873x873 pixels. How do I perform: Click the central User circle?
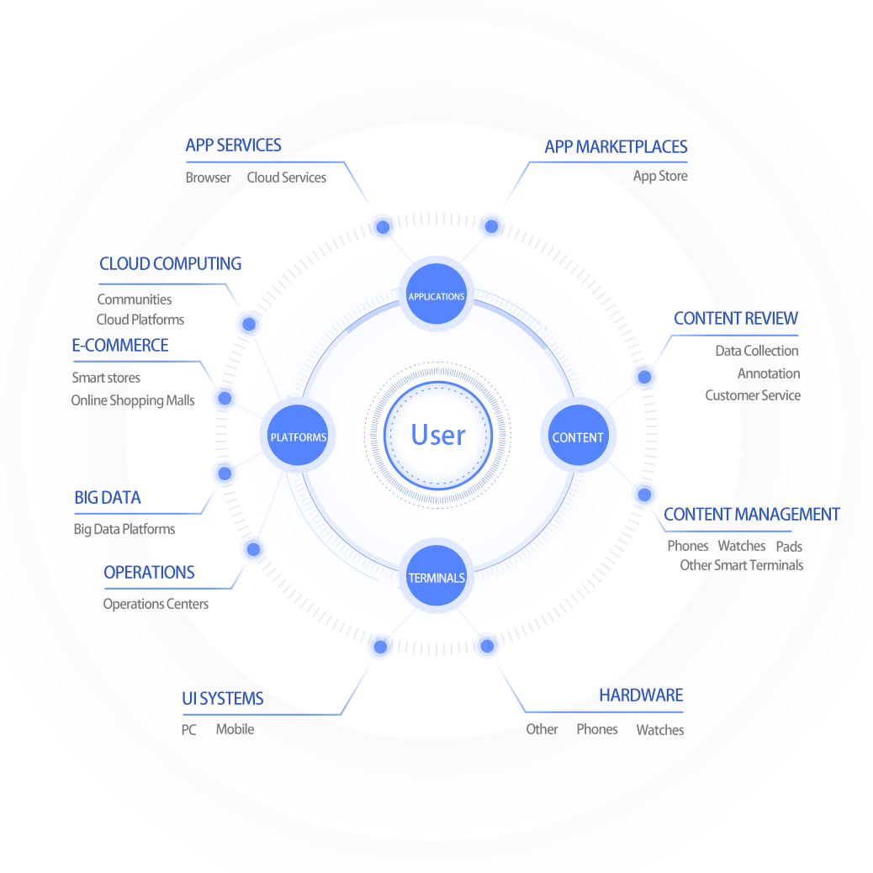[x=437, y=435]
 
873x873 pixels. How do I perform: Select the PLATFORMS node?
[x=298, y=436]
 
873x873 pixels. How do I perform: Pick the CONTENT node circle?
[x=578, y=436]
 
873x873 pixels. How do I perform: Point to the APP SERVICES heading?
[x=233, y=145]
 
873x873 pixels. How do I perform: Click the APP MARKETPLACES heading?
[x=616, y=146]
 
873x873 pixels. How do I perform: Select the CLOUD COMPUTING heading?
[x=170, y=264]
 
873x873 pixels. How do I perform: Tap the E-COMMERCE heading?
[x=120, y=346]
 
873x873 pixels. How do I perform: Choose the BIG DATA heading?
[x=108, y=498]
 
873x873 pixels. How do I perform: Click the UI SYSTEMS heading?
[x=223, y=699]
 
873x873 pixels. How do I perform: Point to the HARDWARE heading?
[x=641, y=696]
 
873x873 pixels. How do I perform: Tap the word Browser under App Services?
[x=208, y=177]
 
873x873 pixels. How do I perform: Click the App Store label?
[x=660, y=176]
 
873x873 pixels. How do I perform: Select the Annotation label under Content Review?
[x=769, y=373]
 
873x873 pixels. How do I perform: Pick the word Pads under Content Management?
[x=789, y=547]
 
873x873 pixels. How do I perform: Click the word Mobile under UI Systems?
[x=235, y=729]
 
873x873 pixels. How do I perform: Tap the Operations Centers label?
[x=156, y=604]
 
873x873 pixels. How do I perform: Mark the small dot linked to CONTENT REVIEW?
[x=644, y=377]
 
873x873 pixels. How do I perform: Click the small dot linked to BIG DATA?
[x=225, y=474]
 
